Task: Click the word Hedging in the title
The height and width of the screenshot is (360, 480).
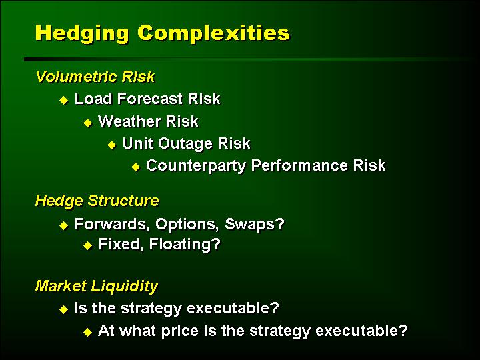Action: point(82,33)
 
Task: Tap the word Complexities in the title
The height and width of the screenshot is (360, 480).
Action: point(213,33)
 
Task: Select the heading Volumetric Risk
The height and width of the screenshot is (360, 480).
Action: point(95,77)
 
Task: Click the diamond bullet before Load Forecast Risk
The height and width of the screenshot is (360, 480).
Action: point(64,100)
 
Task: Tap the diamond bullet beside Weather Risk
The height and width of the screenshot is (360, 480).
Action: point(87,123)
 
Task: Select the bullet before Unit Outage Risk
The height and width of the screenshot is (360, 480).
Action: point(112,145)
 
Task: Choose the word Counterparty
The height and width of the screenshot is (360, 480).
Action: point(196,165)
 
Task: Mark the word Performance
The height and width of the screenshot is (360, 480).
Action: point(299,165)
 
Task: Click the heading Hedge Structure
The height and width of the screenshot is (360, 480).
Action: point(97,201)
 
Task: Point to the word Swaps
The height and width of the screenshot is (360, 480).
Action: point(255,225)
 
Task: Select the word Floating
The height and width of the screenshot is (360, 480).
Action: point(185,245)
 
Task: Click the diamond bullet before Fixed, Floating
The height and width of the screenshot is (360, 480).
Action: point(87,245)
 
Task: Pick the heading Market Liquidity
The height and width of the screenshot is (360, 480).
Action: point(97,286)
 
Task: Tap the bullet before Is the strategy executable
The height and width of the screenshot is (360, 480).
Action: point(64,309)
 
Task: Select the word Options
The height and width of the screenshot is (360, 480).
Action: point(187,225)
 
